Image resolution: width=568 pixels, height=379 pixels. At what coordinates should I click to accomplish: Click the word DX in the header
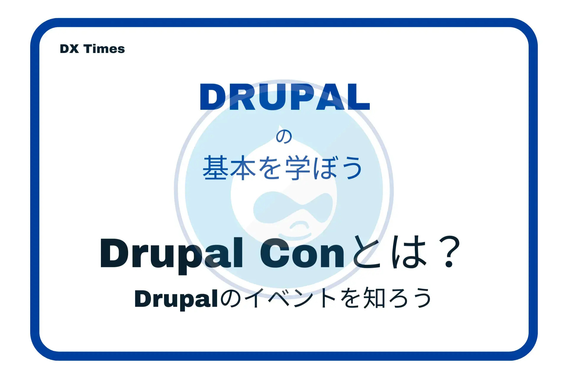click(x=69, y=49)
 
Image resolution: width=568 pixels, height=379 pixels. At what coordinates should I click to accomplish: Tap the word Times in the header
click(x=104, y=49)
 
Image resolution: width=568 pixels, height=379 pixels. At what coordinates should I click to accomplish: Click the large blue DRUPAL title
click(x=285, y=97)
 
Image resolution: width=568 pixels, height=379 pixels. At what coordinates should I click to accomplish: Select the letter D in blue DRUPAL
click(x=213, y=97)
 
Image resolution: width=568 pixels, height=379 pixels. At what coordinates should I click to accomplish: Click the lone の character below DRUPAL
click(x=284, y=136)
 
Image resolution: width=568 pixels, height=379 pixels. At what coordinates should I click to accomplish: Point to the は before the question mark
click(x=409, y=252)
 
